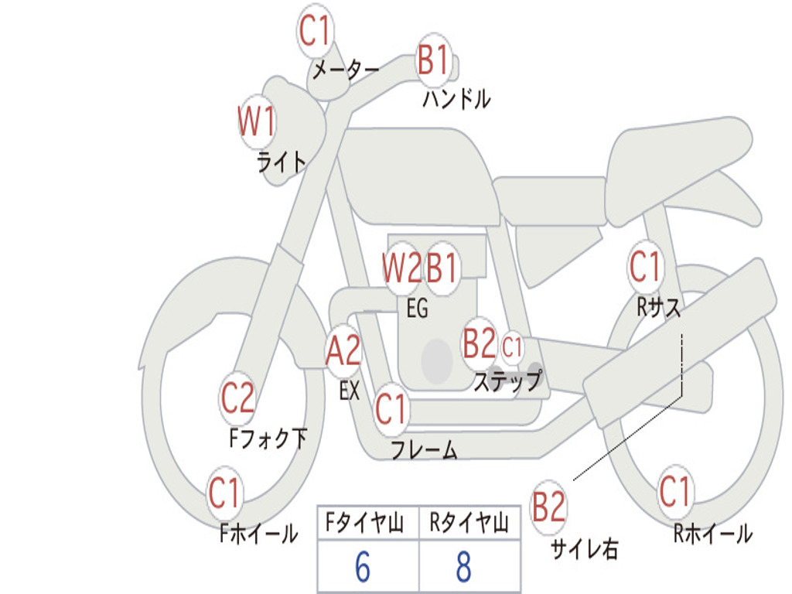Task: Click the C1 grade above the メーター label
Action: click(x=314, y=31)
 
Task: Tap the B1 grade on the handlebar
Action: click(x=433, y=60)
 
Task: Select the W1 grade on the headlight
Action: click(x=257, y=121)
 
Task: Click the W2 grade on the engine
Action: click(x=401, y=268)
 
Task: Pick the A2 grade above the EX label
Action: click(x=343, y=350)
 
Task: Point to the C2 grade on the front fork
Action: click(x=237, y=398)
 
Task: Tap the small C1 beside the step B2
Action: click(x=512, y=347)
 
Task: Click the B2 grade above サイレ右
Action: click(x=548, y=507)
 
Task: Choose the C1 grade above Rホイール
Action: click(x=674, y=491)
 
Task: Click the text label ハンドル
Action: click(x=456, y=98)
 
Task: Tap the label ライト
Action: click(x=282, y=162)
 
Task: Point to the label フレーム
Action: click(x=425, y=449)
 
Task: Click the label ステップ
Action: click(x=508, y=381)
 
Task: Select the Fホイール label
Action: click(x=258, y=534)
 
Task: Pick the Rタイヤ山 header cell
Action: click(x=469, y=523)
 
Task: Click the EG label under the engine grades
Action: click(x=417, y=308)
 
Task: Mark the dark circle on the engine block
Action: click(x=437, y=360)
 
